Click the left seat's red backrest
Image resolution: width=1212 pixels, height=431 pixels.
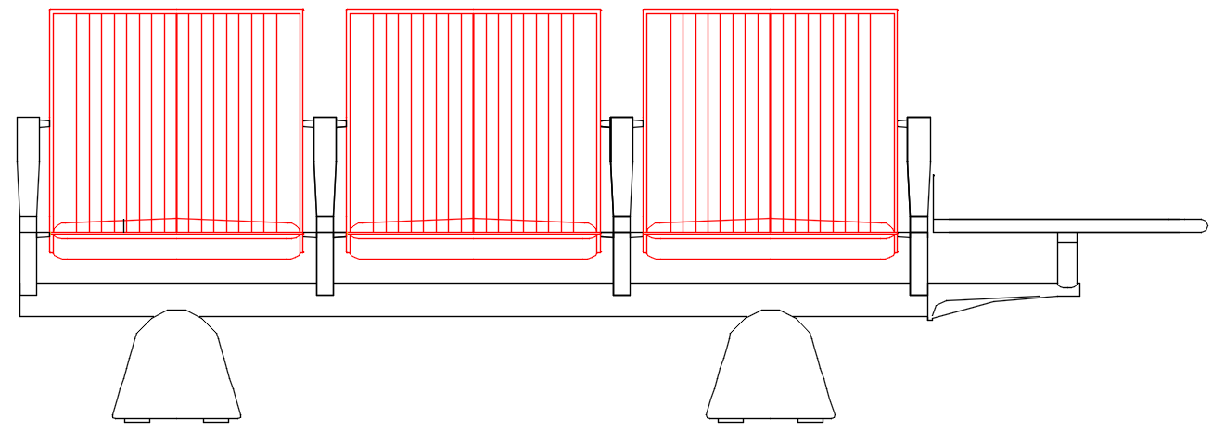coord(176,111)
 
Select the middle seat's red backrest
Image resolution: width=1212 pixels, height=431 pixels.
coord(473,111)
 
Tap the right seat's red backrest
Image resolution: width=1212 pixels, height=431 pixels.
coord(770,111)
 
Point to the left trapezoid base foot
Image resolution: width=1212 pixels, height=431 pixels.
coord(176,366)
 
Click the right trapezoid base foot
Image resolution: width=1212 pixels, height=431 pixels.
coord(770,366)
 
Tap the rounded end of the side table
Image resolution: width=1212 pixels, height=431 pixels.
coord(1202,225)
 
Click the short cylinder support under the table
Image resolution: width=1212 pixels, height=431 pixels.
coord(1067,260)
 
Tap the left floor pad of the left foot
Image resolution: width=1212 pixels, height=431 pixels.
coord(137,420)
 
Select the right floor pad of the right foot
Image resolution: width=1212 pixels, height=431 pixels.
coord(810,420)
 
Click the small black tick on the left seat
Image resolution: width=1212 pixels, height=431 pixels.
coord(124,224)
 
